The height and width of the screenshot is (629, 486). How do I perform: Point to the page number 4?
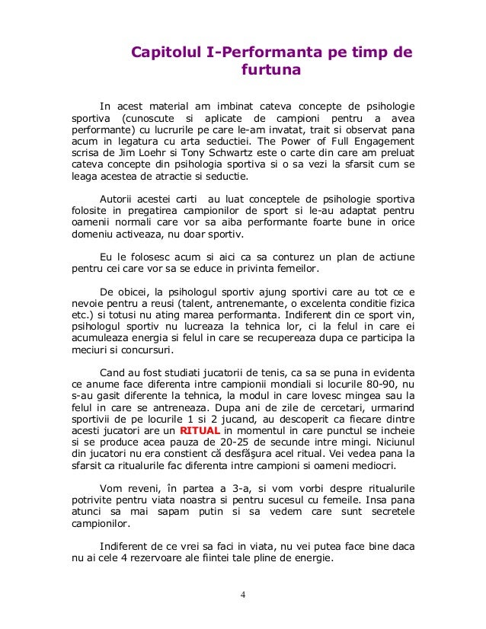point(243,594)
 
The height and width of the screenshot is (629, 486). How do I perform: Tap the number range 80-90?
point(387,385)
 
